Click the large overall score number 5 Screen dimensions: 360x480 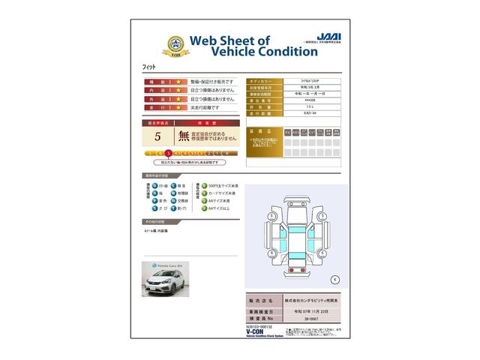(157, 136)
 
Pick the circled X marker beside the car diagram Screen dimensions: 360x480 (334, 279)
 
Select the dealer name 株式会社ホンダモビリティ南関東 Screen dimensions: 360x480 (310, 298)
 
